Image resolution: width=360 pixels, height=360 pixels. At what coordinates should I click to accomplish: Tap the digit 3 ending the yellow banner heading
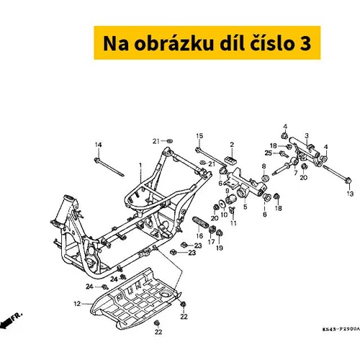[305, 43]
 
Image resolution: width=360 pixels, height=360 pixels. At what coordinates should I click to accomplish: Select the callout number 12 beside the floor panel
[77, 304]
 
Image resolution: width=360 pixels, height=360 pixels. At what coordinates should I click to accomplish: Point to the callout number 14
[98, 145]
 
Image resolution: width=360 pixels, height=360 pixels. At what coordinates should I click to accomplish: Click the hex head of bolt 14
[97, 160]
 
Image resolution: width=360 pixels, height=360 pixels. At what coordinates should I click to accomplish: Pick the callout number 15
[199, 136]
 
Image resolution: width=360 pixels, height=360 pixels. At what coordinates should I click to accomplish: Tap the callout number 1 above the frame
[140, 165]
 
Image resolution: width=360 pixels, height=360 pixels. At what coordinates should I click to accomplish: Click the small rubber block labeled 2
[230, 160]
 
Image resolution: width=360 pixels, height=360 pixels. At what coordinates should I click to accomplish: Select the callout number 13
[350, 194]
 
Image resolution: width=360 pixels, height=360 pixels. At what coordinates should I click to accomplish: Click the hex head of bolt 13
[348, 180]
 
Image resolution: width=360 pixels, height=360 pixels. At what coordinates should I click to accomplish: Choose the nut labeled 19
[219, 233]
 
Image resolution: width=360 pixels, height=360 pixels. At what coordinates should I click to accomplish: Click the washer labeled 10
[222, 203]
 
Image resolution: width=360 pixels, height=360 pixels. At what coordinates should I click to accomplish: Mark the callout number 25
[268, 153]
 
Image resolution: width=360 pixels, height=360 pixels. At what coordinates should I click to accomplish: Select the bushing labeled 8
[265, 179]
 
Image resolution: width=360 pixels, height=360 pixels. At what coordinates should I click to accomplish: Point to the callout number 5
[245, 207]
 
